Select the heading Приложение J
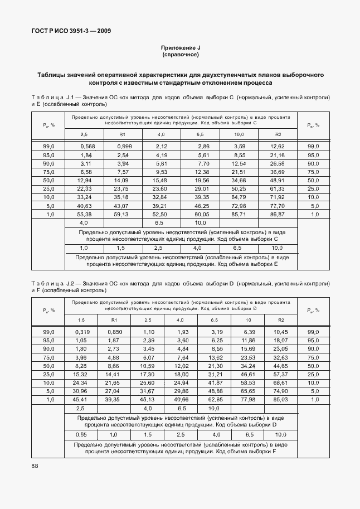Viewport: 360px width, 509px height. tap(180, 49)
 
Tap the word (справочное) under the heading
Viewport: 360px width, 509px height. tap(180, 55)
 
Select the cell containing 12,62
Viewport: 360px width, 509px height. tap(278, 146)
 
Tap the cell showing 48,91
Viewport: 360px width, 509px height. tap(278, 180)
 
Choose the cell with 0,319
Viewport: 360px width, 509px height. tap(82, 332)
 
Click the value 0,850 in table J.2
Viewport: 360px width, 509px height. tap(115, 332)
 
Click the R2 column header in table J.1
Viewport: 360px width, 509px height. tap(278, 134)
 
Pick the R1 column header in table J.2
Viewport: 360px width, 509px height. tap(115, 319)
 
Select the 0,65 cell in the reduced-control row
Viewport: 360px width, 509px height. tap(82, 434)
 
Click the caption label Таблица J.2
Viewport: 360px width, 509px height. tap(50, 284)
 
